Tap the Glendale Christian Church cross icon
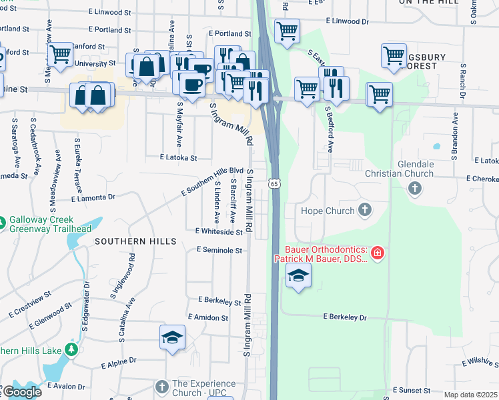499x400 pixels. [x=414, y=189]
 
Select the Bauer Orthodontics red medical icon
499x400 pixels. [x=378, y=253]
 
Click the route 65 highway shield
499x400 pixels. [x=274, y=183]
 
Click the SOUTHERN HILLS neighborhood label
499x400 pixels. [x=135, y=241]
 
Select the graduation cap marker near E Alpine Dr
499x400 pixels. [x=172, y=337]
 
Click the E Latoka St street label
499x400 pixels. [x=179, y=158]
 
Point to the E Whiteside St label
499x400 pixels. [x=219, y=231]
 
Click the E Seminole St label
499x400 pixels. [x=218, y=250]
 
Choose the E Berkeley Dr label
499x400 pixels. [x=345, y=317]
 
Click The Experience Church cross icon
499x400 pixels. [x=162, y=387]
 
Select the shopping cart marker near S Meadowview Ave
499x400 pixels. [x=60, y=55]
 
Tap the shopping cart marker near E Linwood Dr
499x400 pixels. [x=287, y=30]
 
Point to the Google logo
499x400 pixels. [x=21, y=392]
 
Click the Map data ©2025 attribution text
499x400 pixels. [x=471, y=395]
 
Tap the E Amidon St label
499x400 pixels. [x=208, y=317]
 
